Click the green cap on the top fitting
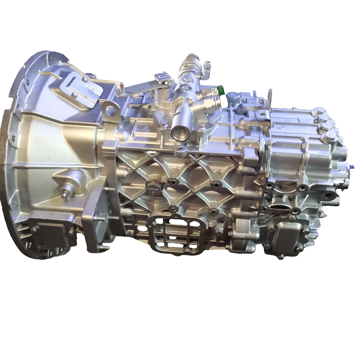coord(222,90)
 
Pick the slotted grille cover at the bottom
coord(176,233)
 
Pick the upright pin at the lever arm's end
coord(122,86)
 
